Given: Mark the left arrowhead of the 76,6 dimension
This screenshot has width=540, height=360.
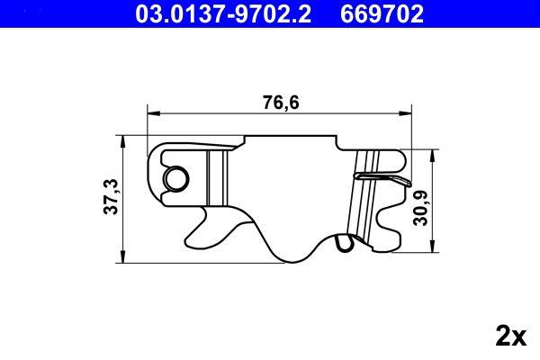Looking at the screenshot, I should tap(152, 112).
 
